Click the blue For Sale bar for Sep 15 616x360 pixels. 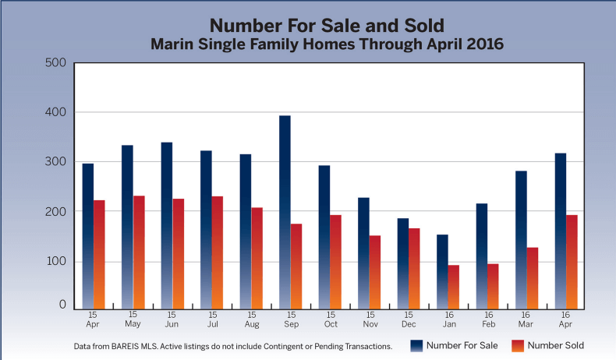click(x=285, y=211)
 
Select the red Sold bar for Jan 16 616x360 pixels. click(x=454, y=286)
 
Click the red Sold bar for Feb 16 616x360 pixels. click(x=493, y=285)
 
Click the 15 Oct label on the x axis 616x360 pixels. click(x=331, y=319)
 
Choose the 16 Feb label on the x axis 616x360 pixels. click(x=487, y=319)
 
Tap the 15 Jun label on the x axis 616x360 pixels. click(x=172, y=319)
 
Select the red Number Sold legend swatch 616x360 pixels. click(x=518, y=344)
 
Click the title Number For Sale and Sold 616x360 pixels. click(x=327, y=24)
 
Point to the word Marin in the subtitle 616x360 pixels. click(x=172, y=44)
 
